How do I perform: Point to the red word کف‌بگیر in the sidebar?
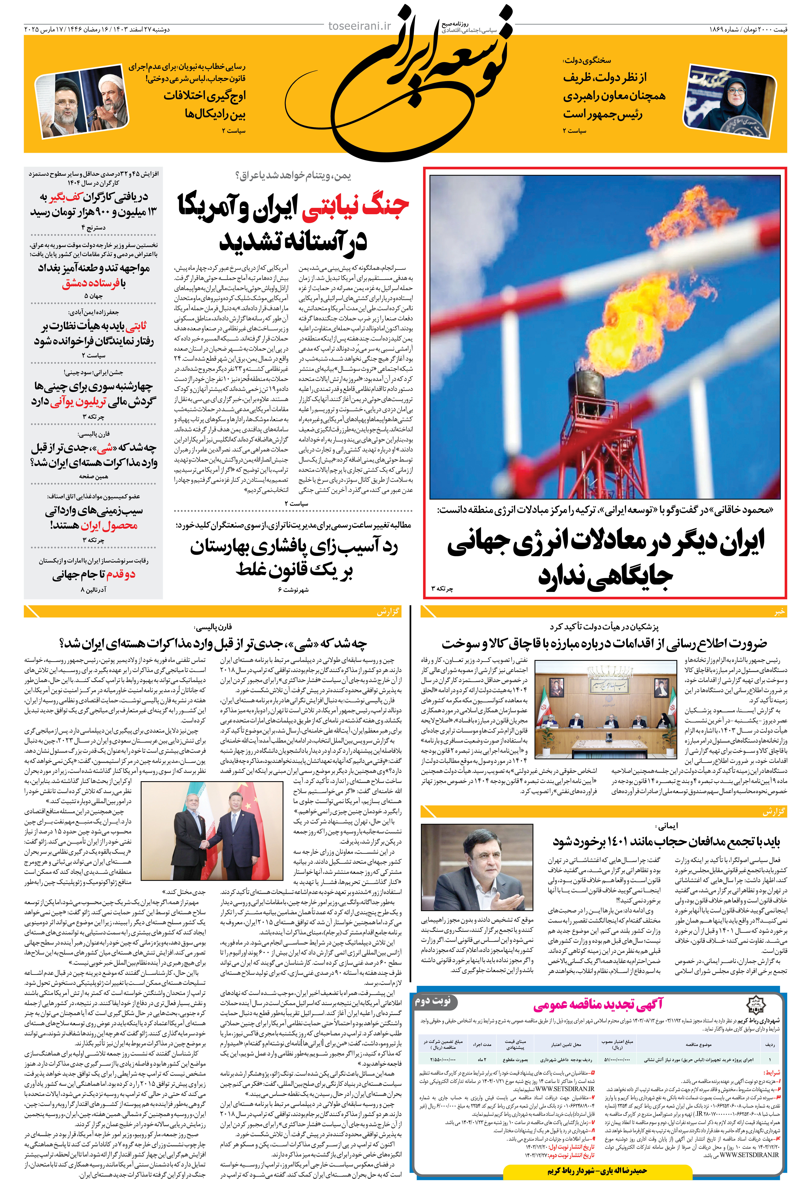[x=66, y=197]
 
